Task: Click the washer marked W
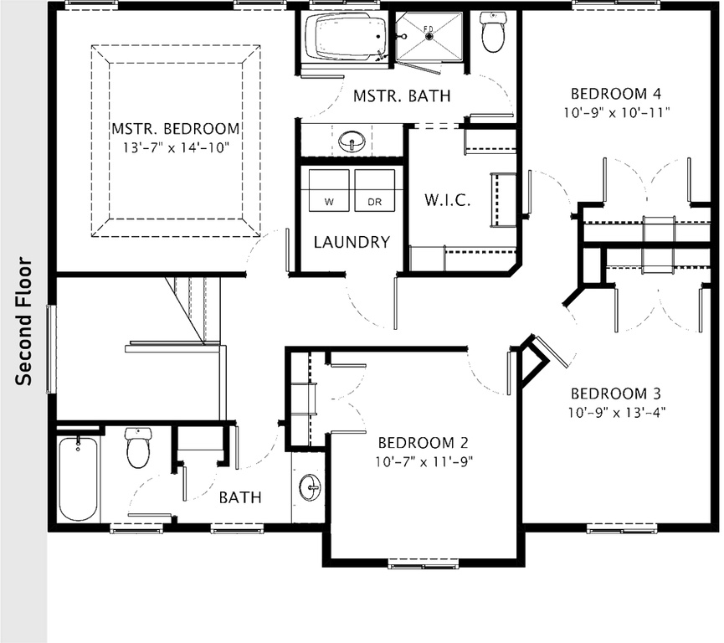click(328, 191)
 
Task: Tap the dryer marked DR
click(374, 191)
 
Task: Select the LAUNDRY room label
click(352, 243)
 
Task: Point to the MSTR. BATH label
click(402, 96)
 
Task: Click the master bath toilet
click(494, 32)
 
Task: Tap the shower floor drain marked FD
click(429, 35)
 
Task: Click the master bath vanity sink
click(352, 139)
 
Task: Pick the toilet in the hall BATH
click(137, 448)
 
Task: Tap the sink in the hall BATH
click(310, 486)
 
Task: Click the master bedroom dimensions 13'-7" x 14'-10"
click(176, 147)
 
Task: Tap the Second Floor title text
click(23, 322)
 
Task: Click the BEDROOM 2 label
click(424, 443)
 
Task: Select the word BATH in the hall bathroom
click(240, 497)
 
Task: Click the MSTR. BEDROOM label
click(176, 129)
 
